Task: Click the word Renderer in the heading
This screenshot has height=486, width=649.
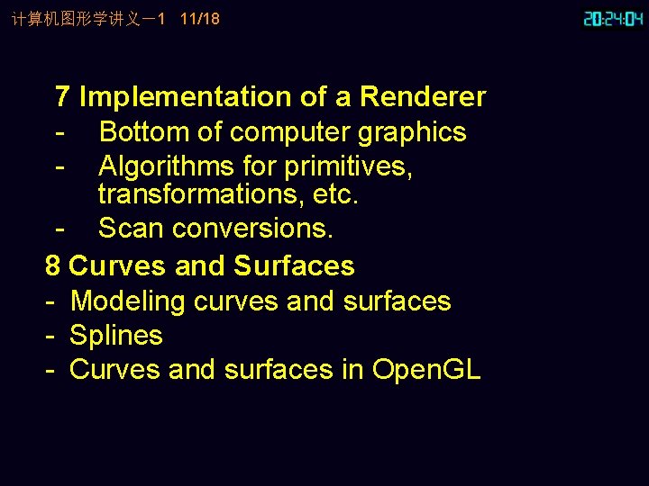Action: (x=423, y=97)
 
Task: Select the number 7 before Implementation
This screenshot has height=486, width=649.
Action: (x=63, y=97)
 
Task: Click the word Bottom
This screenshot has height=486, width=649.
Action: (x=144, y=132)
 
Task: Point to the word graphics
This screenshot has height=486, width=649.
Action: (x=412, y=132)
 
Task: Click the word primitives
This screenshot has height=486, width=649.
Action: (x=348, y=166)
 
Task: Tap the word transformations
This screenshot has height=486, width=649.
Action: (x=201, y=193)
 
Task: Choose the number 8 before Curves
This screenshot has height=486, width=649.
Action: (x=52, y=266)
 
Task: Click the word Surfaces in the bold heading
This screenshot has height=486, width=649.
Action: (x=294, y=266)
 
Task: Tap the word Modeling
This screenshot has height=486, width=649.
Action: (x=128, y=301)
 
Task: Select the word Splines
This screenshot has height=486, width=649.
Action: (x=115, y=336)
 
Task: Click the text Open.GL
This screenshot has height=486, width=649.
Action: (x=426, y=370)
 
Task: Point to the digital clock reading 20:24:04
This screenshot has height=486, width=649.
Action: (x=613, y=19)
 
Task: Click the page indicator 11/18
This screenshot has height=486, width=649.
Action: (x=199, y=19)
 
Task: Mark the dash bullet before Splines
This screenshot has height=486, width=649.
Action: (x=52, y=336)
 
